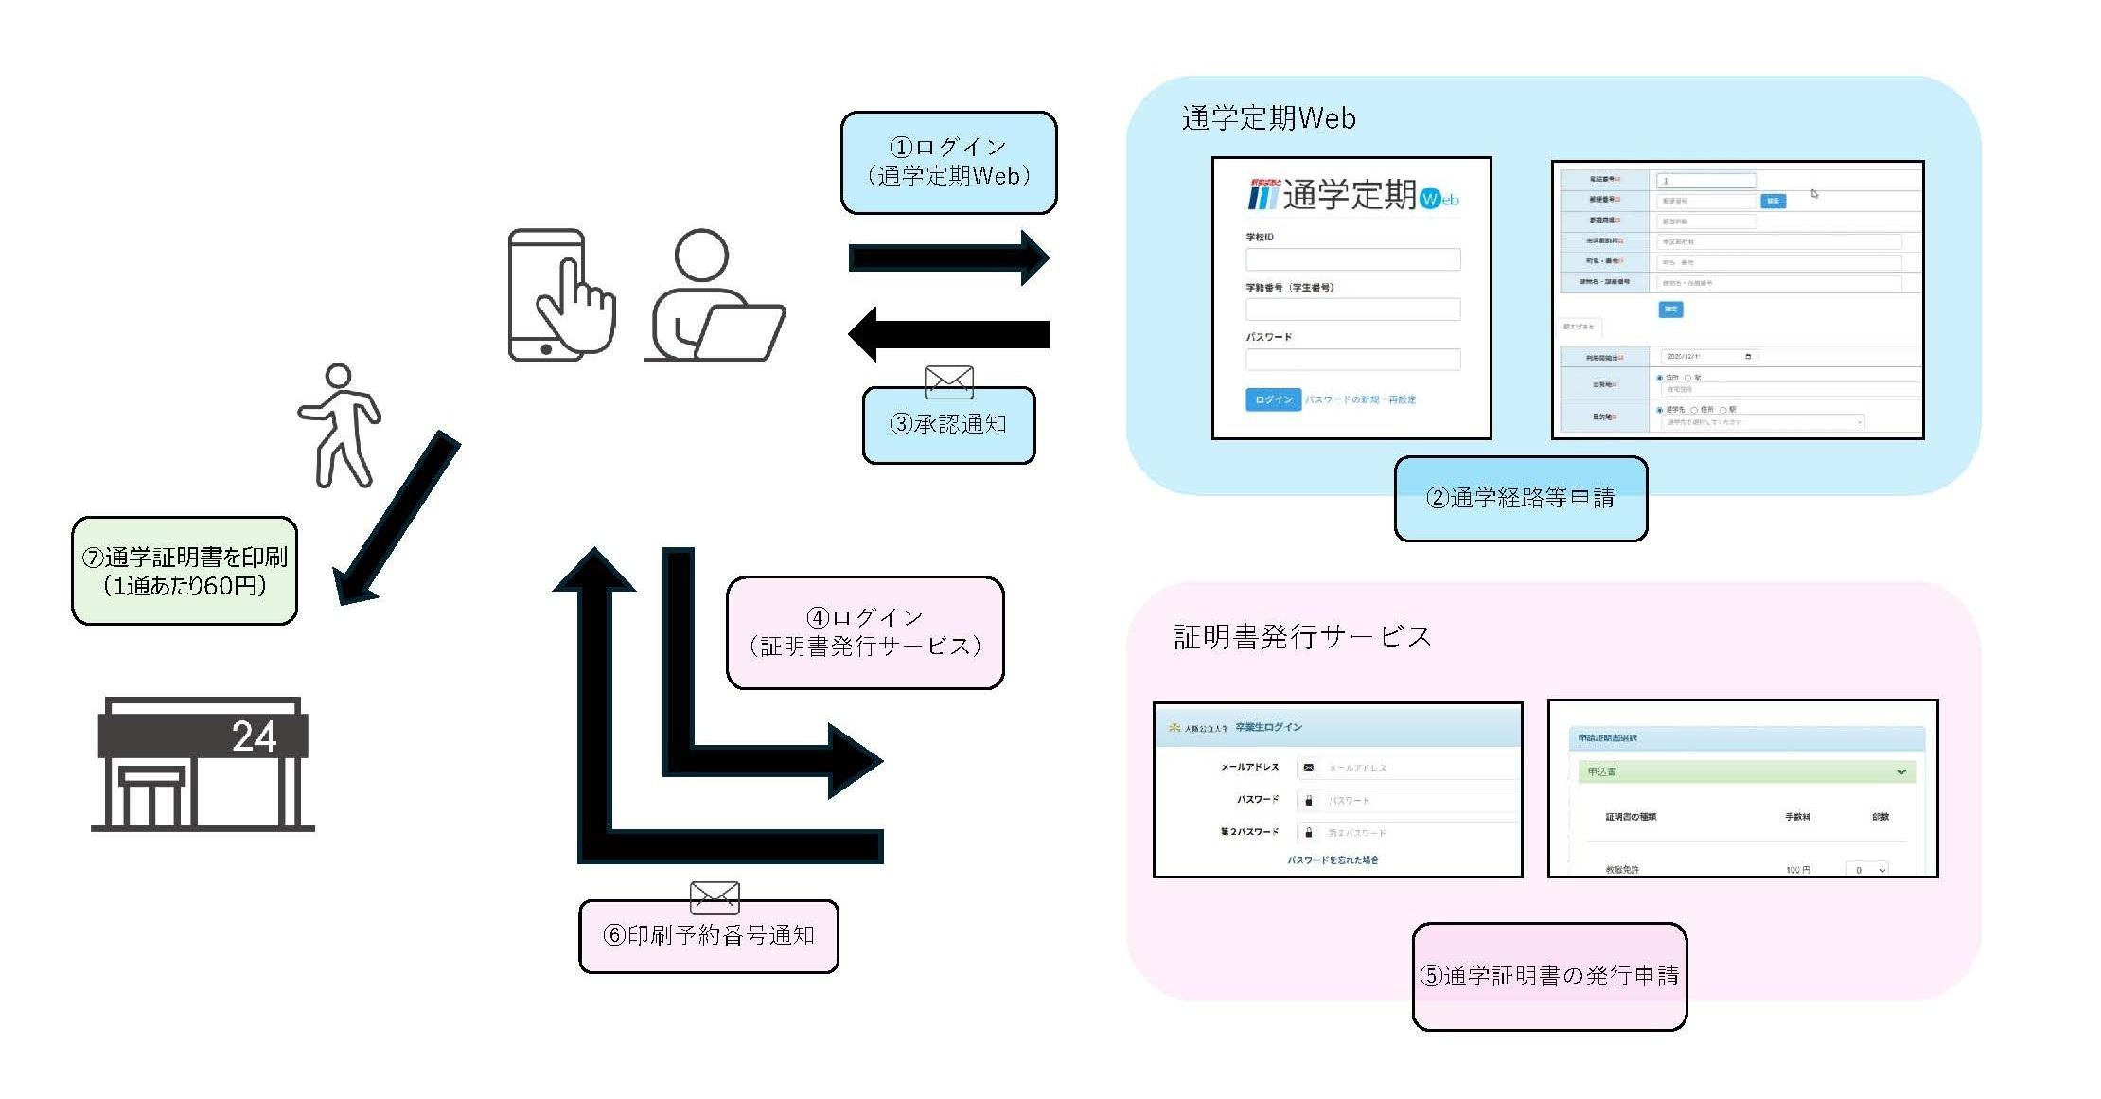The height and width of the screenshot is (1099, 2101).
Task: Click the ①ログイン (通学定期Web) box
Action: (948, 162)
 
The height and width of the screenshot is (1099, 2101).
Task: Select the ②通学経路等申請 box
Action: (1520, 499)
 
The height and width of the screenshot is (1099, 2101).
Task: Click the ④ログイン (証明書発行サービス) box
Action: (864, 632)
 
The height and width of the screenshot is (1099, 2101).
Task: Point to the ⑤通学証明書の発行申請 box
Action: (1549, 976)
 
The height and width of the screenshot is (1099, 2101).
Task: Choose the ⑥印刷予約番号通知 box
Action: (708, 936)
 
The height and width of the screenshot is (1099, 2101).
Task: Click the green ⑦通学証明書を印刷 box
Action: (185, 571)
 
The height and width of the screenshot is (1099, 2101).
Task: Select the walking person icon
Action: (339, 426)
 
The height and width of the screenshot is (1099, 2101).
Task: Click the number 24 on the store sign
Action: (254, 736)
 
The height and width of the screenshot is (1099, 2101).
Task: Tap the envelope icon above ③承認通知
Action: (948, 381)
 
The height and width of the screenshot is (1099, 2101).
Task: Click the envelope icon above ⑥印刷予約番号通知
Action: (715, 895)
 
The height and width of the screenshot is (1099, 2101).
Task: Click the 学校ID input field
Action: (1351, 259)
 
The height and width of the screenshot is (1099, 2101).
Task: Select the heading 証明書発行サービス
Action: (1302, 637)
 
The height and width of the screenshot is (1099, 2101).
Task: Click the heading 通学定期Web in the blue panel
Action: (1268, 118)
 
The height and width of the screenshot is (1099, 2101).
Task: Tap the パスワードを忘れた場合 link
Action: (1333, 860)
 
